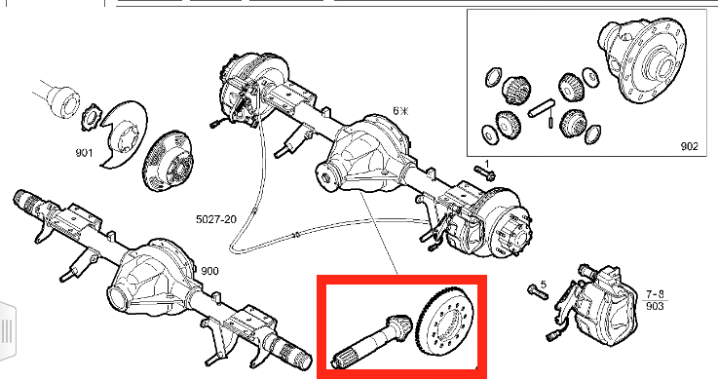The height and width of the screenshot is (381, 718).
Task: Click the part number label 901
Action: click(84, 152)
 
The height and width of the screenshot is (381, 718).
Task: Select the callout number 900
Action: click(209, 271)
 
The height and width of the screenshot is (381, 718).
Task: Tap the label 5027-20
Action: click(216, 219)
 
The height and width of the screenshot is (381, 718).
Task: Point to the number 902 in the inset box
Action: click(690, 146)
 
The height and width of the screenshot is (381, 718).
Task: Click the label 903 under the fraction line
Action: click(655, 305)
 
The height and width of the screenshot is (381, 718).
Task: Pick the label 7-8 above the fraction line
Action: click(656, 294)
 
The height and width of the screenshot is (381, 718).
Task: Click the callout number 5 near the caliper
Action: click(543, 285)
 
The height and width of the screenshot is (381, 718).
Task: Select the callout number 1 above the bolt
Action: click(487, 164)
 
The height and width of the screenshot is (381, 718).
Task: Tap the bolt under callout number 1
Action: click(485, 174)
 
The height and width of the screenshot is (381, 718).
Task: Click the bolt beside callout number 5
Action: click(538, 291)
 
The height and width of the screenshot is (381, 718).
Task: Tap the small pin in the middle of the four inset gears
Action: click(550, 122)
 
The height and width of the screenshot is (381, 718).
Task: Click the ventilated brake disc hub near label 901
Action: click(168, 161)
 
